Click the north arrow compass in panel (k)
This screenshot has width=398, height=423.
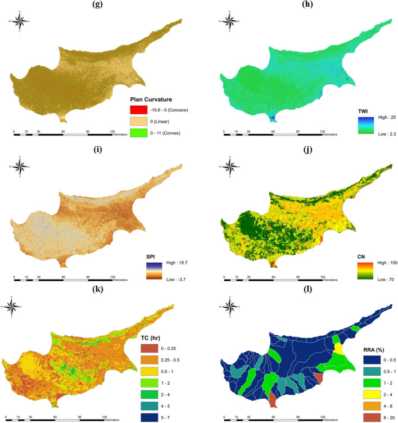19,307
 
